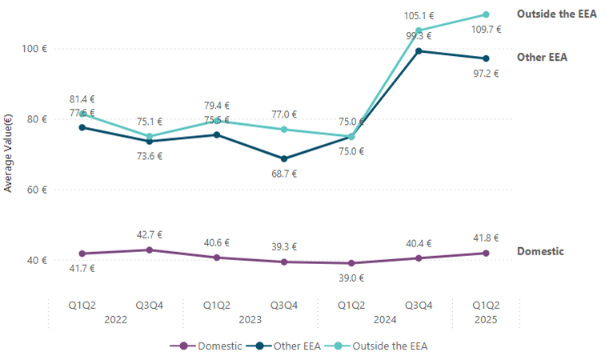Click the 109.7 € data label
tap(486, 30)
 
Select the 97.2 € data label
tap(486, 74)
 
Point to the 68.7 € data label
tap(284, 174)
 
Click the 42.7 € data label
tap(149, 234)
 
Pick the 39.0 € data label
tap(351, 278)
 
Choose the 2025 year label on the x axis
tap(486, 319)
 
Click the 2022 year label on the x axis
tap(116, 319)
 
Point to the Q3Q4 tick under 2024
tap(419, 305)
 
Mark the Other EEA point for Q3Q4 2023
tap(284, 158)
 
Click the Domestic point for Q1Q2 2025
tap(486, 253)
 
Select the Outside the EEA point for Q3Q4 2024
tap(419, 30)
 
